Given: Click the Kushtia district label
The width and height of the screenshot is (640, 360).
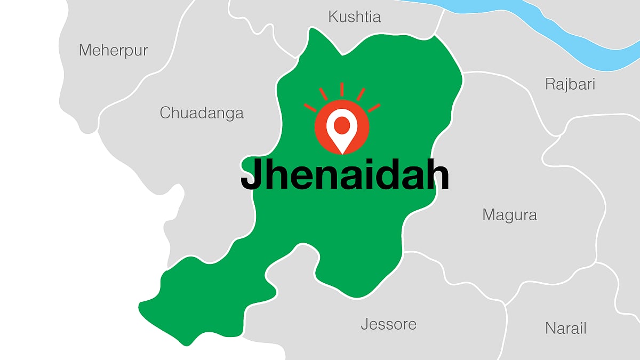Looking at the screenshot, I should pos(355,17).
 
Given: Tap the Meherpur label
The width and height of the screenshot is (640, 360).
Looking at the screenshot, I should pos(113,51).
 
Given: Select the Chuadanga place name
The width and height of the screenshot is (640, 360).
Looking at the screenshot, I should pos(202,113).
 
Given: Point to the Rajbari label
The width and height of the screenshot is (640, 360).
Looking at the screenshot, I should pos(570,84).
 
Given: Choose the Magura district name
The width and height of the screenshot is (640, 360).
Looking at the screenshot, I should pos(509,215).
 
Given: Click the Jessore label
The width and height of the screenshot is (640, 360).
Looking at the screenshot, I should pos(388,324).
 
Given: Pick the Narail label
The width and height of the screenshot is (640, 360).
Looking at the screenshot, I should pos(566,328).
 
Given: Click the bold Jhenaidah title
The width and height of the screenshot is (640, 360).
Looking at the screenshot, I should pos(345,175).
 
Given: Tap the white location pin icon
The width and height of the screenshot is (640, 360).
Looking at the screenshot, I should pos(342,131).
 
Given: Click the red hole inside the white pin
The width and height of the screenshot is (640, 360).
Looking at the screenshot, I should pos(342,125).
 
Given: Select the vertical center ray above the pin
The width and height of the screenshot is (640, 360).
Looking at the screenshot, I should pos(342,89).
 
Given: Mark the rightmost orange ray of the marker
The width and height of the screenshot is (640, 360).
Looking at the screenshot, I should pos(374,108).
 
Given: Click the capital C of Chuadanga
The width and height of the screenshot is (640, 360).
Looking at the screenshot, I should pos(166,113).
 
